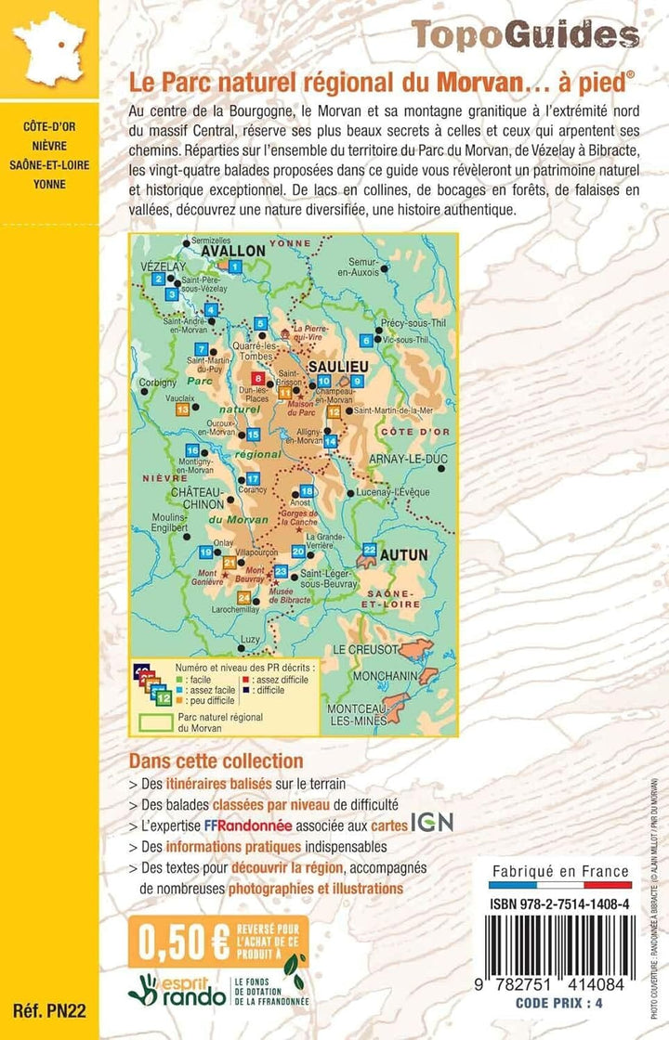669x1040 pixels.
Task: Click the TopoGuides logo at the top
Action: (x=526, y=34)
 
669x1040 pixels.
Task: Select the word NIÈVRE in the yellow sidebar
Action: (x=50, y=146)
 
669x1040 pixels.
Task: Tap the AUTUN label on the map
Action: (x=400, y=554)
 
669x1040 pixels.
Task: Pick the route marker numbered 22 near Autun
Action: (x=370, y=550)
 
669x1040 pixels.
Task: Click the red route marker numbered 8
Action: (x=257, y=377)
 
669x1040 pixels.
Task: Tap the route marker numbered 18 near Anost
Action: (x=307, y=491)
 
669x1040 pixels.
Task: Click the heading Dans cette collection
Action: (x=216, y=761)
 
